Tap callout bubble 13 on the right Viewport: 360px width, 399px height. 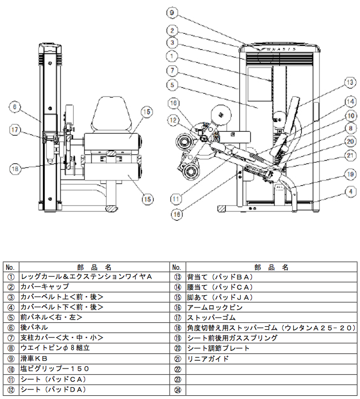click(x=349, y=82)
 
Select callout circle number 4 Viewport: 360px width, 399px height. click(x=349, y=191)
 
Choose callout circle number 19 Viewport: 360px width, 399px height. click(x=349, y=174)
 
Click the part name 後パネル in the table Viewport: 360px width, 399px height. click(x=34, y=327)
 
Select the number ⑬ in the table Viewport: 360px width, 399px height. click(x=177, y=276)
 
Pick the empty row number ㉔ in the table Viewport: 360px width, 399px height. click(x=177, y=389)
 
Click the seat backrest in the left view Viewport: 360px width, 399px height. click(x=113, y=114)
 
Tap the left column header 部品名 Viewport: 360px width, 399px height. click(x=93, y=266)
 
